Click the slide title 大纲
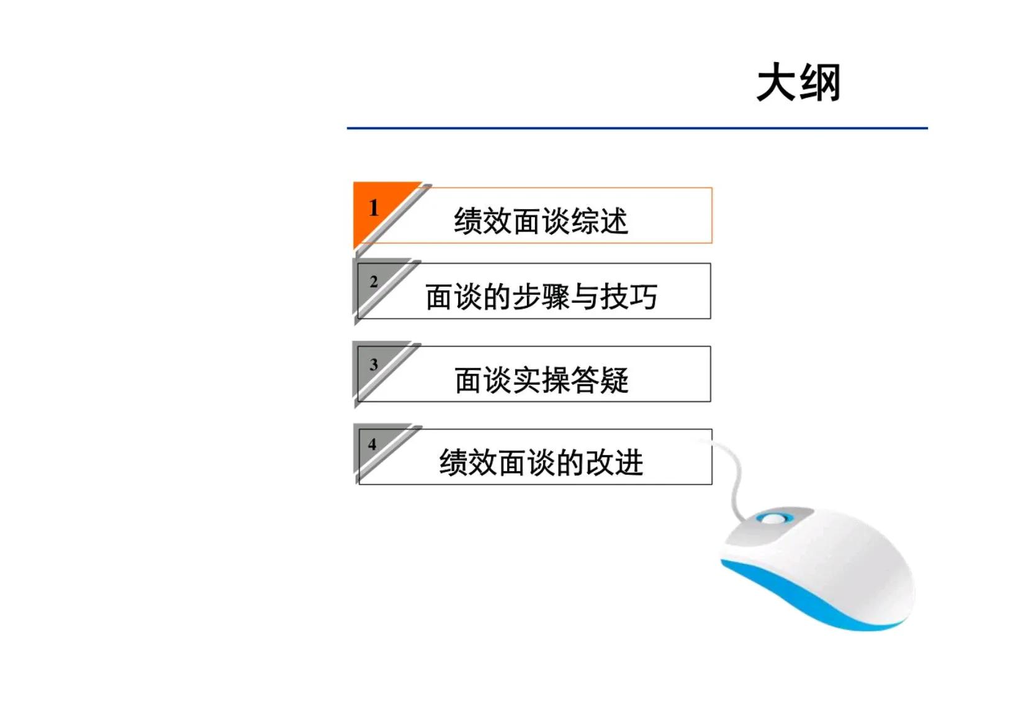(x=798, y=83)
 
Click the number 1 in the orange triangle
(x=373, y=208)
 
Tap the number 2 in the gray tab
(x=374, y=282)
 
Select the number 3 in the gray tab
(x=374, y=364)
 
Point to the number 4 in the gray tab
(x=372, y=444)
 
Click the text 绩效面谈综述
(x=541, y=221)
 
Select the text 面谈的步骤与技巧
(x=541, y=297)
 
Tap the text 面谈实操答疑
(x=541, y=380)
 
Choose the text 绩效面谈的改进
(x=541, y=462)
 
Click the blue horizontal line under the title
(x=637, y=128)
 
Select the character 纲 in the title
(x=820, y=83)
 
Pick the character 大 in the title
(x=776, y=83)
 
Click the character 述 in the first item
(x=614, y=221)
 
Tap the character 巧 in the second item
(x=642, y=297)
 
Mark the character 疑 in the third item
(x=614, y=380)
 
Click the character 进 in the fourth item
(x=629, y=462)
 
